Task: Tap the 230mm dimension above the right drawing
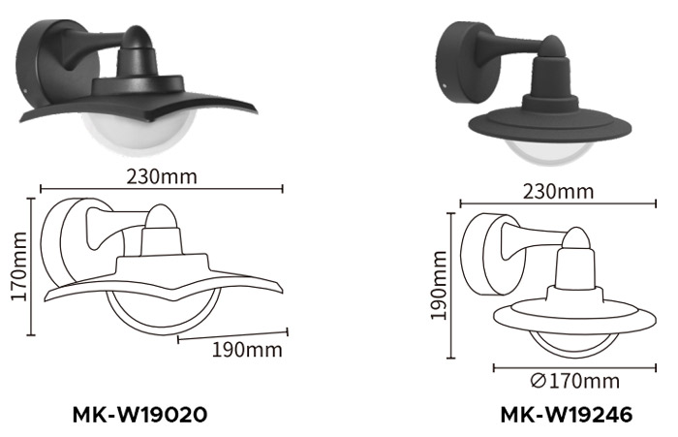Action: (558, 190)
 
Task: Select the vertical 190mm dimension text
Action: (439, 284)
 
